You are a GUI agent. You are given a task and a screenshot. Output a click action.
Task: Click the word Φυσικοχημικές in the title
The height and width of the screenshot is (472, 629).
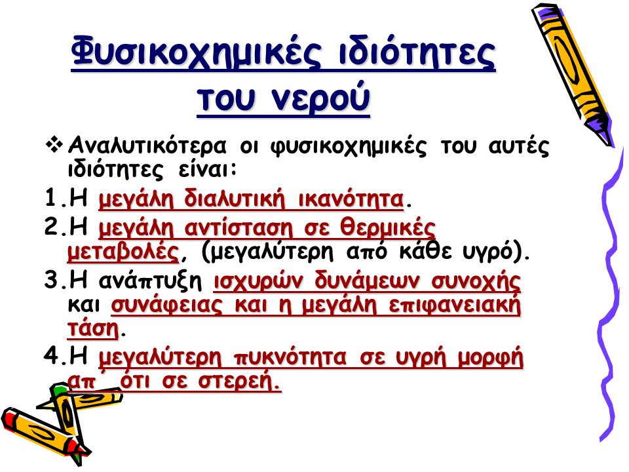coord(197,53)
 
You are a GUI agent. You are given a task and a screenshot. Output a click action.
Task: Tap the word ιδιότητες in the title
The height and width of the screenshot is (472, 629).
coord(417,52)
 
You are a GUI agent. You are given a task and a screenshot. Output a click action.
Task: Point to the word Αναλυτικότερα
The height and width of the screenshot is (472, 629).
coord(147,146)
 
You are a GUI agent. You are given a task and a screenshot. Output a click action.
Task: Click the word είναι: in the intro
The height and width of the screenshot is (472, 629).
coord(208,169)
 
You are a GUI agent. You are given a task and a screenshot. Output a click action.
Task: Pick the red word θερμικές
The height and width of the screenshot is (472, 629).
coord(388,228)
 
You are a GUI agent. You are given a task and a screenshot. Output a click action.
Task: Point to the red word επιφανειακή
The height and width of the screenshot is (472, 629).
coord(455,306)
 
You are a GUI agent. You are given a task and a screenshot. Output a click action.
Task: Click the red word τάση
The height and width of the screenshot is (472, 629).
coord(93,329)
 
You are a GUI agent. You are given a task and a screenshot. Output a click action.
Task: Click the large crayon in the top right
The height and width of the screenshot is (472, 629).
coord(573,74)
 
